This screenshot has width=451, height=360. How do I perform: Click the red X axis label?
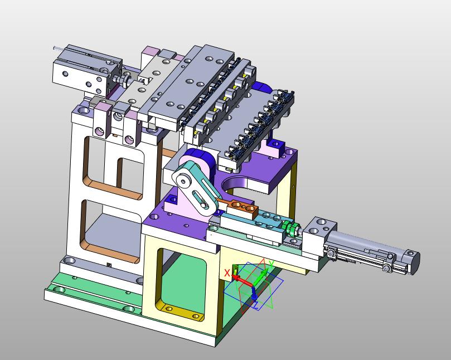click(227, 273)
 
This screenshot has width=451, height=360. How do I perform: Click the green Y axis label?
click(271, 264)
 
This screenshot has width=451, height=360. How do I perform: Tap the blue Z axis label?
click(256, 305)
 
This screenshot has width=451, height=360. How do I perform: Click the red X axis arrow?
click(242, 280)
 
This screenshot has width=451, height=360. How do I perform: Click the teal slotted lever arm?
click(198, 187)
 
